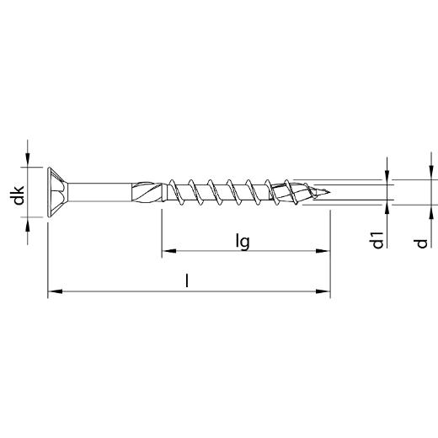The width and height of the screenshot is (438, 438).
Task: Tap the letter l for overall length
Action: coord(187,281)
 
